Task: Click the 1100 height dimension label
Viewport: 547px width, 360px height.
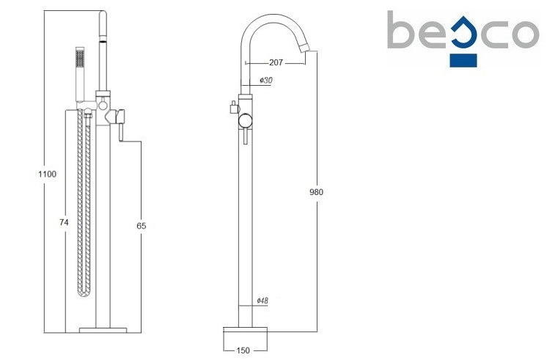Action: (47, 174)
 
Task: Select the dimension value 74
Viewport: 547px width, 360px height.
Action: (64, 222)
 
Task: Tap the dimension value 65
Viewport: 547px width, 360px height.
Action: (142, 226)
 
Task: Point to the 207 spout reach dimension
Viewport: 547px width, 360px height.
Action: (276, 62)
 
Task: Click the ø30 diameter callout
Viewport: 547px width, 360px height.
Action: (266, 80)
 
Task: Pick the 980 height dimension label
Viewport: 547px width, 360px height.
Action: (317, 192)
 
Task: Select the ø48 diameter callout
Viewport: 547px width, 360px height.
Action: (263, 301)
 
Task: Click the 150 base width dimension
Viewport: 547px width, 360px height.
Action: (243, 350)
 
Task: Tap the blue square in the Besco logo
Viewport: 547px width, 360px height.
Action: (463, 60)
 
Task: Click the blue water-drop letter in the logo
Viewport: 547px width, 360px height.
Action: (463, 35)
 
